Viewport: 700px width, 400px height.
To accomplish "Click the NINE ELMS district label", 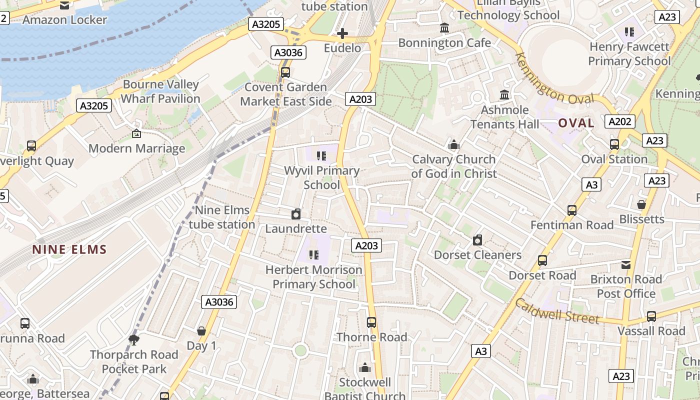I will click(x=69, y=249).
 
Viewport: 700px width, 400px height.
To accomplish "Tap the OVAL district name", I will click(x=576, y=123).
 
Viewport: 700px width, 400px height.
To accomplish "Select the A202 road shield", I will click(x=620, y=121).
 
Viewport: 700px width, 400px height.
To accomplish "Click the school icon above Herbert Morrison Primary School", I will click(x=313, y=255).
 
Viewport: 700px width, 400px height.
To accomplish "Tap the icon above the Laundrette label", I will click(x=296, y=214).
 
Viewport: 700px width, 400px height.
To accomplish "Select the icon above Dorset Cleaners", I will click(x=477, y=240).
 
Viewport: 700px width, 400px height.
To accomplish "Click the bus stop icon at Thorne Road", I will click(x=371, y=322).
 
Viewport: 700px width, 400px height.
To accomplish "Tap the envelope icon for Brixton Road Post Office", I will click(x=626, y=265).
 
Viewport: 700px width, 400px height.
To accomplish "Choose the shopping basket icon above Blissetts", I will click(x=641, y=204).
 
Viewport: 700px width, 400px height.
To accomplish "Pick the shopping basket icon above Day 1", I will click(x=201, y=331).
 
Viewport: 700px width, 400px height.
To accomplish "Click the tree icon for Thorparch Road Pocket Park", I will click(x=133, y=340).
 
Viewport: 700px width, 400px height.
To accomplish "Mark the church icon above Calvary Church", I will click(x=454, y=145).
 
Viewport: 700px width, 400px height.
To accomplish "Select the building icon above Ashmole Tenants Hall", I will click(x=504, y=95).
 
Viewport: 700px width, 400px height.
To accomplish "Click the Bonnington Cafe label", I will click(x=444, y=43).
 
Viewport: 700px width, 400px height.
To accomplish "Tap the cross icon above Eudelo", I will click(x=342, y=33).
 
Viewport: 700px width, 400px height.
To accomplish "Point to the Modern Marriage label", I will click(x=136, y=148).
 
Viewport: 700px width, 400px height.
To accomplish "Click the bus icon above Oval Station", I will click(x=614, y=144).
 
